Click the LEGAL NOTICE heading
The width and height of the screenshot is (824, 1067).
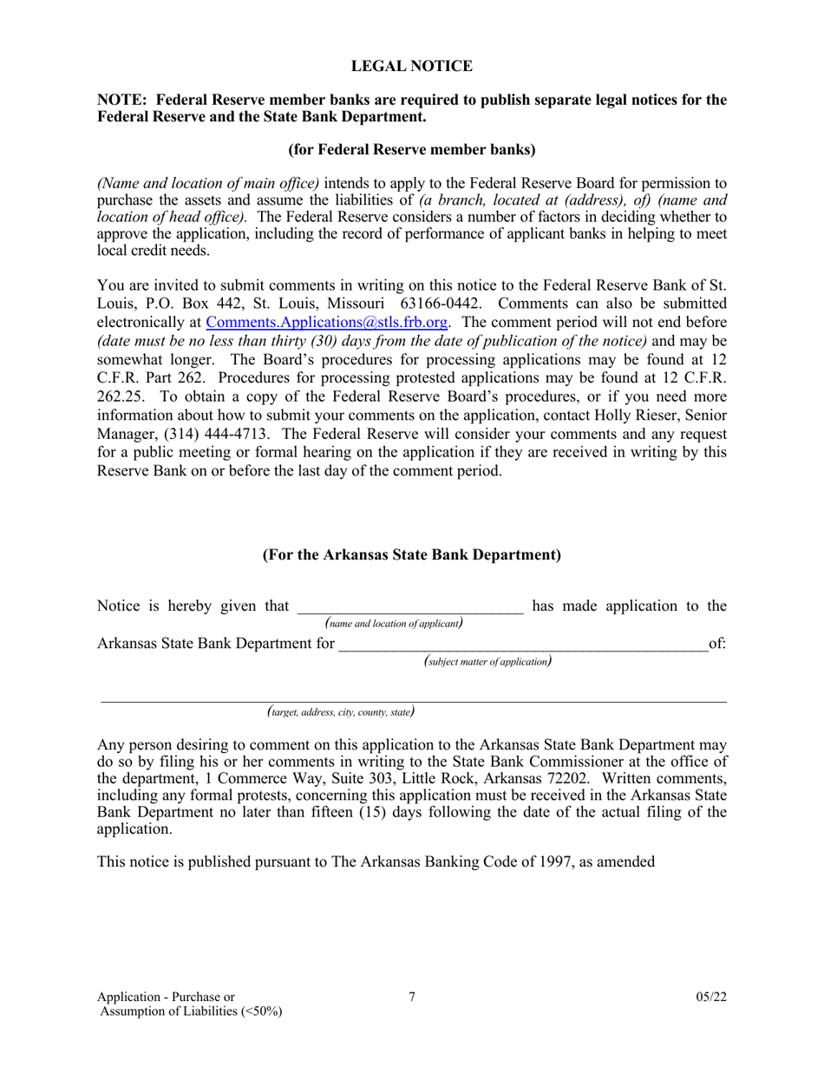411,66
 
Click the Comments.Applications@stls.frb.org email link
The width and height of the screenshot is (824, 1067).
327,322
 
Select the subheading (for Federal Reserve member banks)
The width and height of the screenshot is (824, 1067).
411,149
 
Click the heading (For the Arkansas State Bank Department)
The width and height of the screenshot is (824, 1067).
411,555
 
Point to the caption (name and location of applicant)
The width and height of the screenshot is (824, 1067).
393,623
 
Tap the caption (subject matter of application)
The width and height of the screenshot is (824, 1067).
488,661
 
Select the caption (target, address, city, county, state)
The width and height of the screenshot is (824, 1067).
340,711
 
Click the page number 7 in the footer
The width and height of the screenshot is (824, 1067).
412,997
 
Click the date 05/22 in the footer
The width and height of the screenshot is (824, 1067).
710,998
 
